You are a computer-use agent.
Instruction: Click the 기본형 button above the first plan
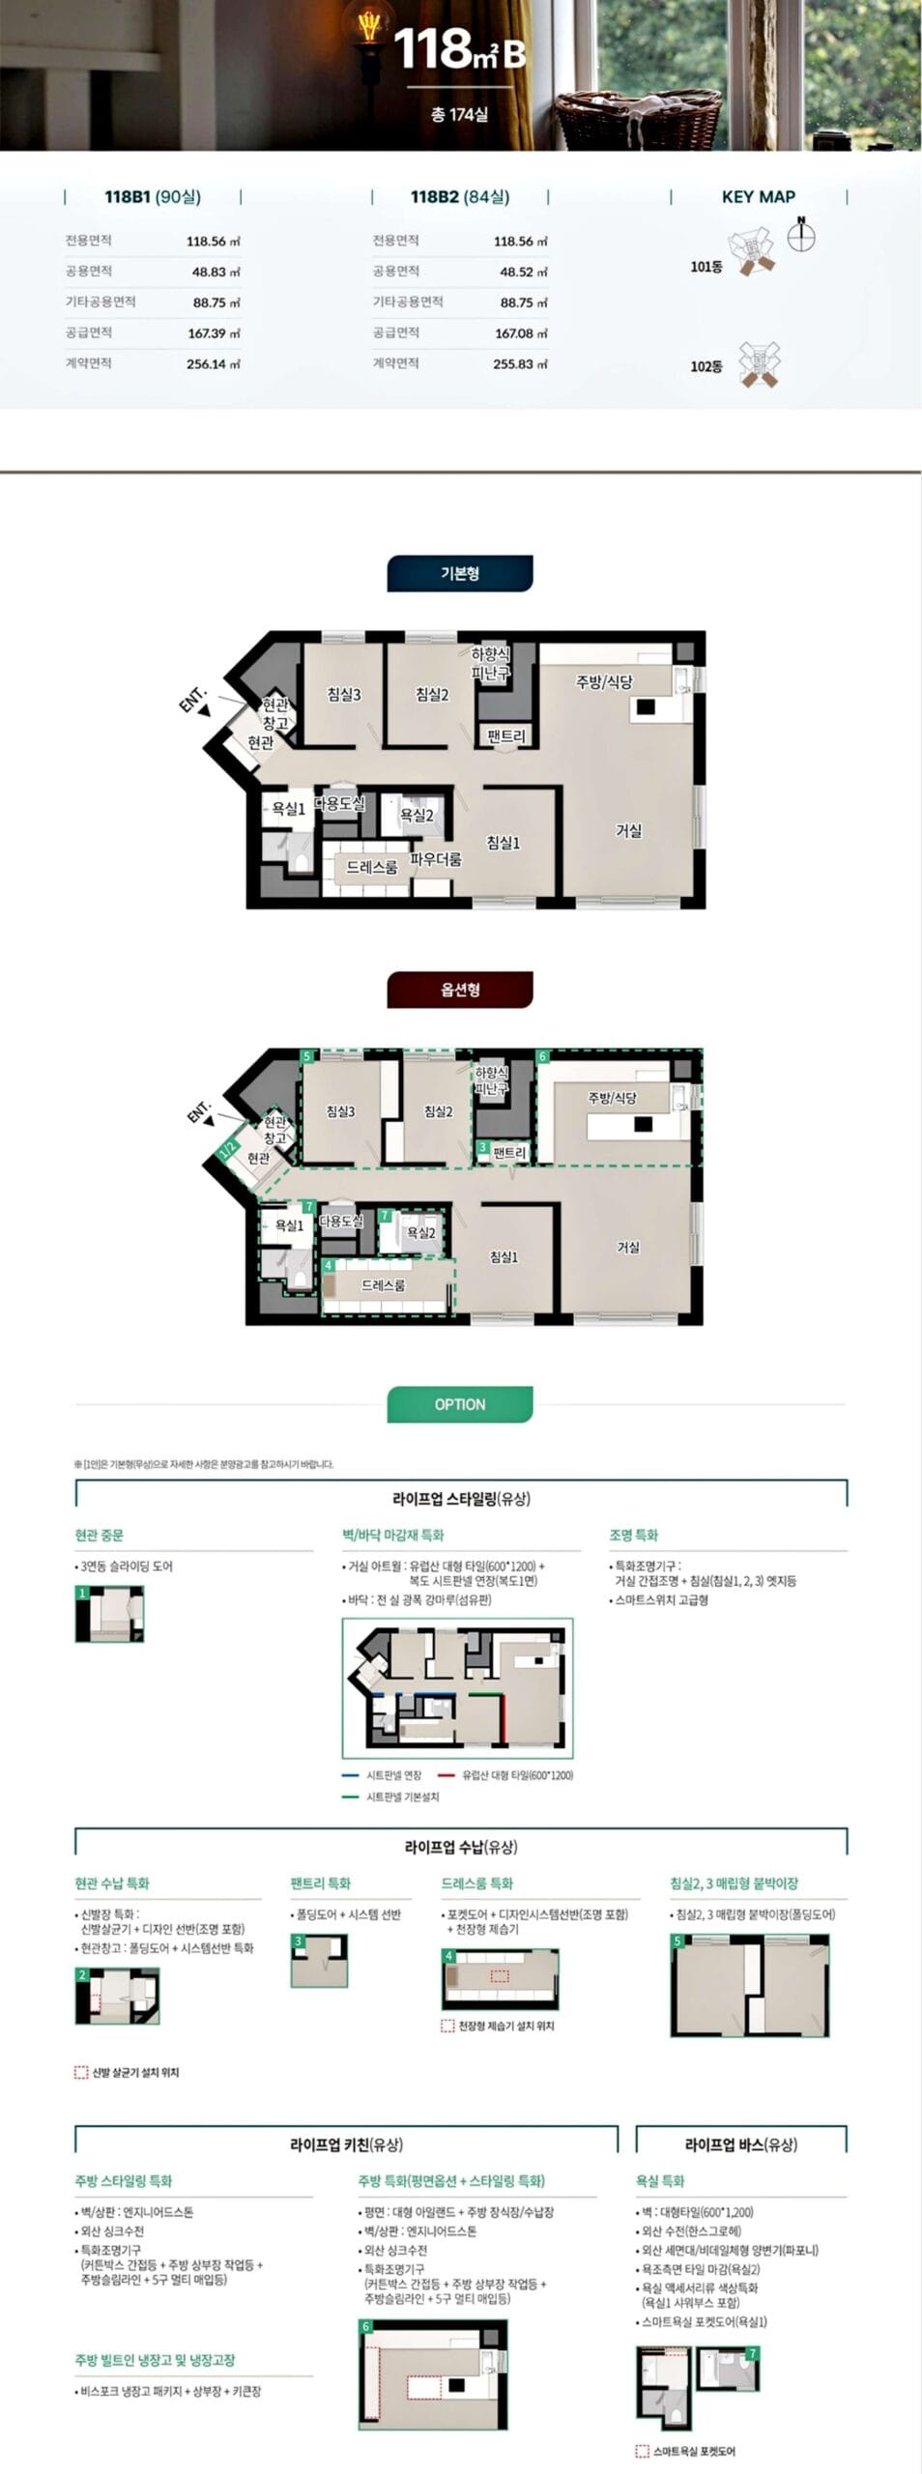click(x=460, y=573)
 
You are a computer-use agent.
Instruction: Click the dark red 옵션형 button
click(x=460, y=990)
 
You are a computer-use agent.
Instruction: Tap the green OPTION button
click(x=460, y=1404)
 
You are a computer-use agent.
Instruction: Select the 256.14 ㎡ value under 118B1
click(x=213, y=364)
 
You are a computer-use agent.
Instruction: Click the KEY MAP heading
click(x=758, y=197)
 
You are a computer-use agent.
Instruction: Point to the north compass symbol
click(x=801, y=234)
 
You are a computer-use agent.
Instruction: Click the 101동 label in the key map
click(x=706, y=267)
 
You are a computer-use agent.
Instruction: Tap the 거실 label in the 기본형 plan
click(x=629, y=830)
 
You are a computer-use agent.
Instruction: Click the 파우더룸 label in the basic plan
click(x=436, y=859)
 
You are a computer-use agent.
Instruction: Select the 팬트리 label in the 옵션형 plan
click(x=509, y=1153)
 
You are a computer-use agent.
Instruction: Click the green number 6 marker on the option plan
click(x=543, y=1057)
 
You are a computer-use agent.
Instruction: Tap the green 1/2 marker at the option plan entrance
click(x=228, y=1149)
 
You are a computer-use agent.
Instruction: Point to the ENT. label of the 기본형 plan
click(x=193, y=700)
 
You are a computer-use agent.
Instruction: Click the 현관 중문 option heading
click(x=100, y=1535)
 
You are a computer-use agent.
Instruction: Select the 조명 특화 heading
click(x=633, y=1535)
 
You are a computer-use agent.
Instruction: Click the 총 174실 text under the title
click(x=460, y=114)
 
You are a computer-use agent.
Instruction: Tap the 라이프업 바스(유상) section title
click(x=741, y=2144)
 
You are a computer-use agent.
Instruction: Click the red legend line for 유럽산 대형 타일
click(x=446, y=1775)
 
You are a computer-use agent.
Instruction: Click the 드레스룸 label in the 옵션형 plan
click(x=384, y=1285)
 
